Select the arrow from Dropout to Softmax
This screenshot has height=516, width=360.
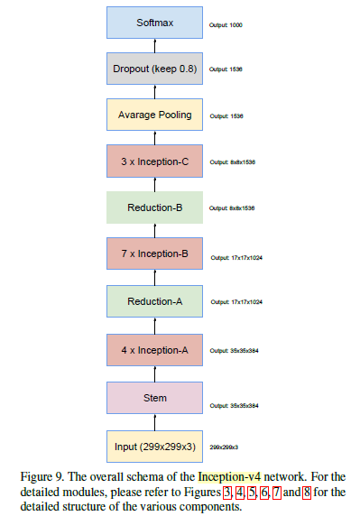tap(153, 45)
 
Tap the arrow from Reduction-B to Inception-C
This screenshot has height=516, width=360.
tap(153, 185)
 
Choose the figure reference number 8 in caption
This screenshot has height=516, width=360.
tap(307, 492)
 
